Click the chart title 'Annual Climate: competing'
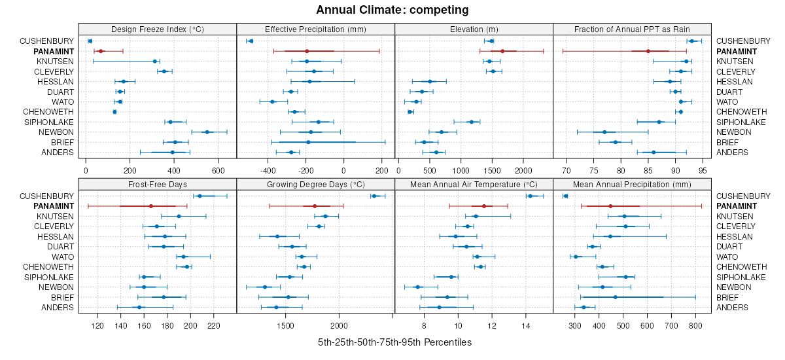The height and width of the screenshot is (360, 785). [x=392, y=10]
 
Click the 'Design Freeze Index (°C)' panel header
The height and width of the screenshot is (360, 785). [x=157, y=29]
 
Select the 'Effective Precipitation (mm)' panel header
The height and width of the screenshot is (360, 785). [x=315, y=29]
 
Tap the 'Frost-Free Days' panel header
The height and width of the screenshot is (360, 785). [x=157, y=184]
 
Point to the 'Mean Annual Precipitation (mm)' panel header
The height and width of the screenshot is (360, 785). [x=632, y=184]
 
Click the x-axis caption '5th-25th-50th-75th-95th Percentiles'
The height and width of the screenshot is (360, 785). [x=394, y=342]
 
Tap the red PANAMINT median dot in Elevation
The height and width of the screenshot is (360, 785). [x=502, y=51]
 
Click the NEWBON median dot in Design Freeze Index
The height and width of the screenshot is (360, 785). [x=207, y=132]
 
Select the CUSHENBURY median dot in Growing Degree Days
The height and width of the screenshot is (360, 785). [x=374, y=196]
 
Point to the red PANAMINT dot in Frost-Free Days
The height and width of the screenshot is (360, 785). [x=151, y=206]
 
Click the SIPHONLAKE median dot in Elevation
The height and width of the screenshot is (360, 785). [x=471, y=122]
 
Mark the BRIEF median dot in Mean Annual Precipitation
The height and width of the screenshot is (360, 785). [x=615, y=297]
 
